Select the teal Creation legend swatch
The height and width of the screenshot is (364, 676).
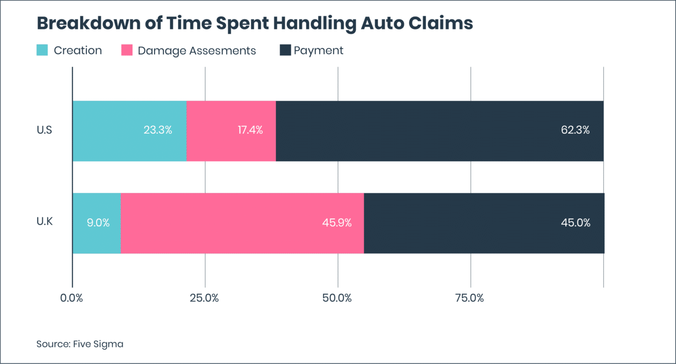point(42,50)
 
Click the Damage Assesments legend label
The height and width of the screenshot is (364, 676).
point(197,51)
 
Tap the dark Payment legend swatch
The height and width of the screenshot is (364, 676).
point(285,50)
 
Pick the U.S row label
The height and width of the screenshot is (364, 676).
point(45,131)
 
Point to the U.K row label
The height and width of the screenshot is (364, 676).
point(45,223)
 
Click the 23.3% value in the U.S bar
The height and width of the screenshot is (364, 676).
point(157,130)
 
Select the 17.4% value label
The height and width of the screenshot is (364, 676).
point(250,130)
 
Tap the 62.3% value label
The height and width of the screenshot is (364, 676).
point(575,130)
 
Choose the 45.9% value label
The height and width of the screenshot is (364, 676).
point(337,223)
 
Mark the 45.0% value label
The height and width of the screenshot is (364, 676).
point(576,223)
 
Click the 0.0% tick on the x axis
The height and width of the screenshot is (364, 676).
point(71,298)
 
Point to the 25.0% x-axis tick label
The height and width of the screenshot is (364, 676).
point(204,298)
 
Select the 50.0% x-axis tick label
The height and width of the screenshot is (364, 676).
point(337,298)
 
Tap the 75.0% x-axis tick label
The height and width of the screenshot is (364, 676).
point(470,298)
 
